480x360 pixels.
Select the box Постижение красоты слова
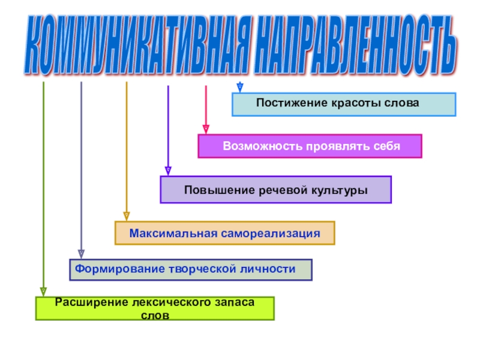click(x=344, y=104)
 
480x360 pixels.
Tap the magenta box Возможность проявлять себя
click(x=310, y=146)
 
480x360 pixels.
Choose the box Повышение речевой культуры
click(x=275, y=190)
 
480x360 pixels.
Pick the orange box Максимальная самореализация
click(x=224, y=232)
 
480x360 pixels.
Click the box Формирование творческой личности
click(x=191, y=269)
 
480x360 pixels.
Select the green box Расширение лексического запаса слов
click(x=155, y=308)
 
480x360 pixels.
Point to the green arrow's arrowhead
click(x=43, y=291)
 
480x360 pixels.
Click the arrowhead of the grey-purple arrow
click(x=81, y=254)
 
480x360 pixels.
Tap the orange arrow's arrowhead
click(x=126, y=215)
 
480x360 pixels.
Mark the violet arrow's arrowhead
click(x=168, y=170)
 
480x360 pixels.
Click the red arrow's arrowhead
click(x=206, y=128)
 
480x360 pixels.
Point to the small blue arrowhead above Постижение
click(x=239, y=88)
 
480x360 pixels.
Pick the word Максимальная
click(x=166, y=232)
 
